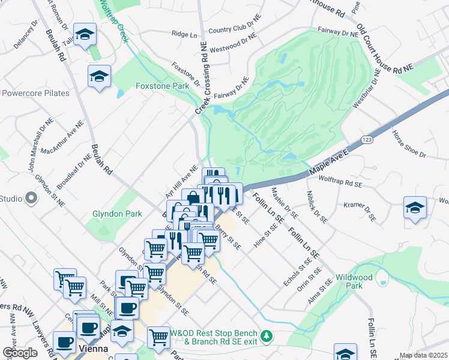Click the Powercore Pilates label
(x=35, y=93)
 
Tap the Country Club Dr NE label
(x=235, y=26)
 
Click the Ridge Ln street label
(x=184, y=34)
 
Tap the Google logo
(x=20, y=352)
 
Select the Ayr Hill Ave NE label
(x=182, y=183)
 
